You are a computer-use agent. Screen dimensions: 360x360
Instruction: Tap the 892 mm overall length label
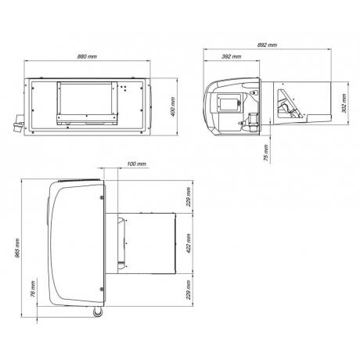pyautogui.click(x=267, y=45)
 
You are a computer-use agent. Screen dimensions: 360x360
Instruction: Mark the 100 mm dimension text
pyautogui.click(x=136, y=165)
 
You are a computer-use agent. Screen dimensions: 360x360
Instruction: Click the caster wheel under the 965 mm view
pyautogui.click(x=99, y=315)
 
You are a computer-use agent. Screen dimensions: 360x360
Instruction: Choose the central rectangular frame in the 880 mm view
pyautogui.click(x=88, y=103)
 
